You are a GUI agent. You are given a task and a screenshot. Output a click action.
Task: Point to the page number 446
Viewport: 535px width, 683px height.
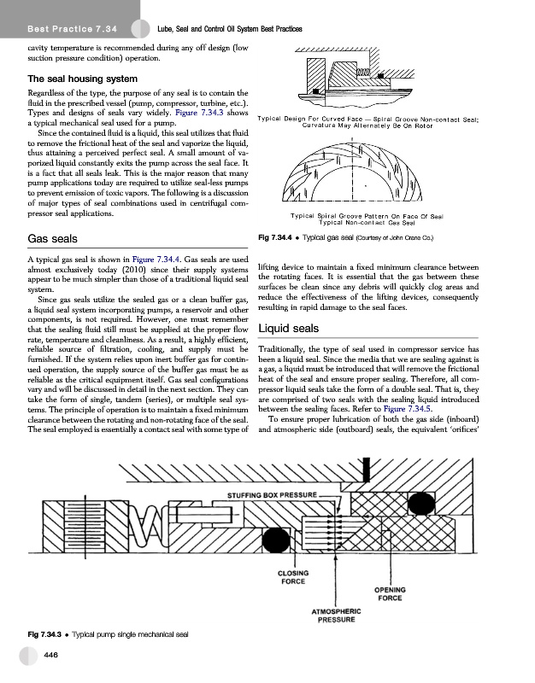click(52, 655)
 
